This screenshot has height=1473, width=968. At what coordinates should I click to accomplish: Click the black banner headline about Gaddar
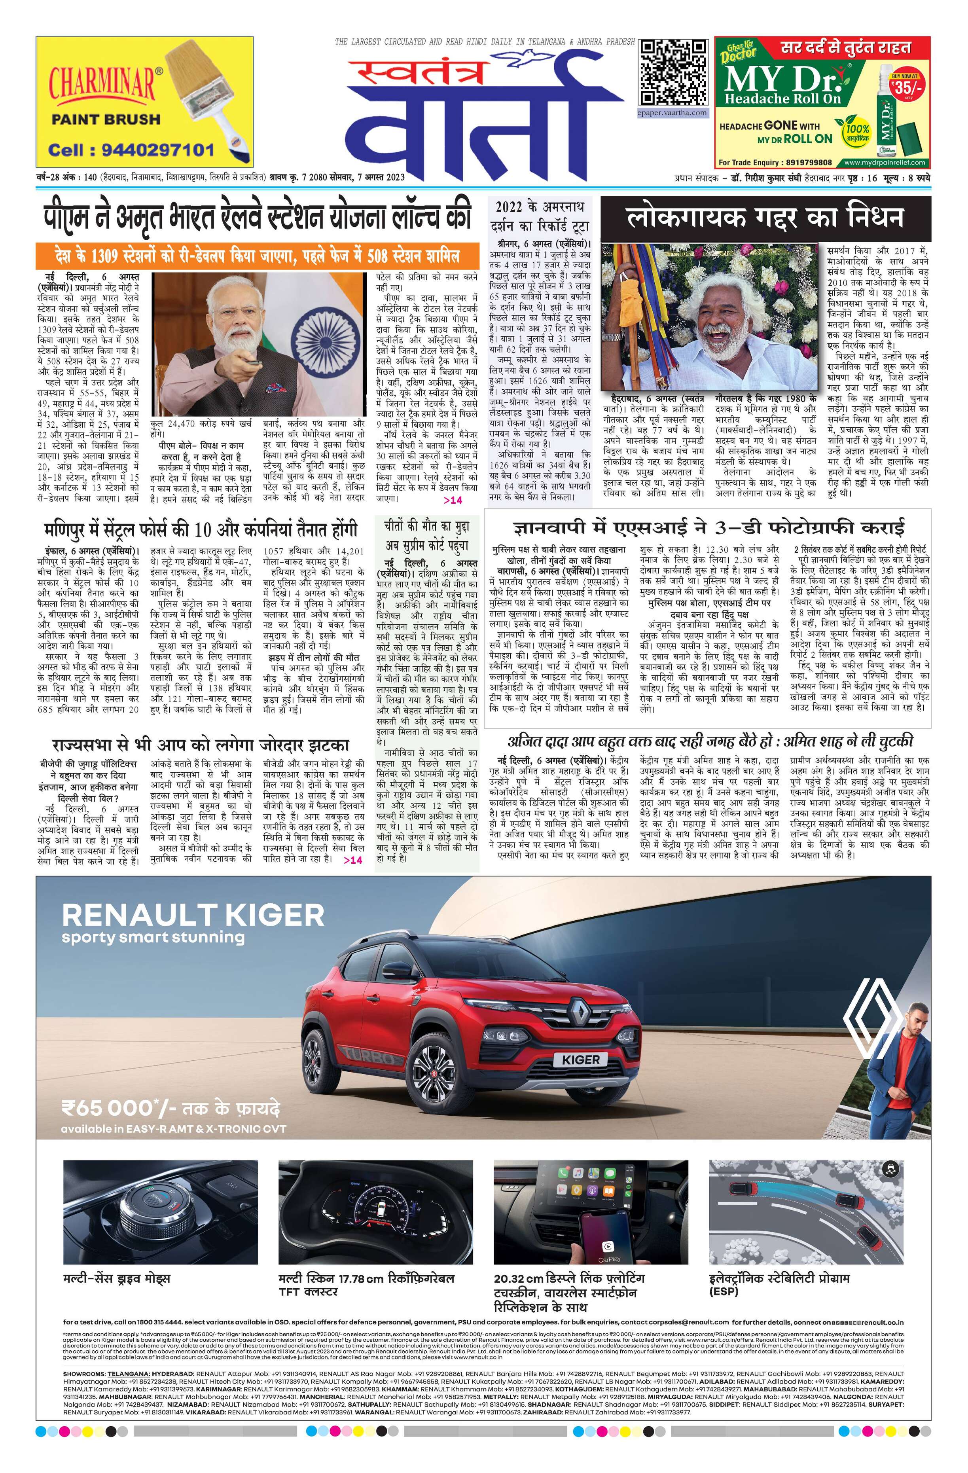765,218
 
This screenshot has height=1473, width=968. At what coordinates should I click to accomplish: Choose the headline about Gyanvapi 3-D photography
708,528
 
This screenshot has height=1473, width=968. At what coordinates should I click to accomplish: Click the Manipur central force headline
201,531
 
